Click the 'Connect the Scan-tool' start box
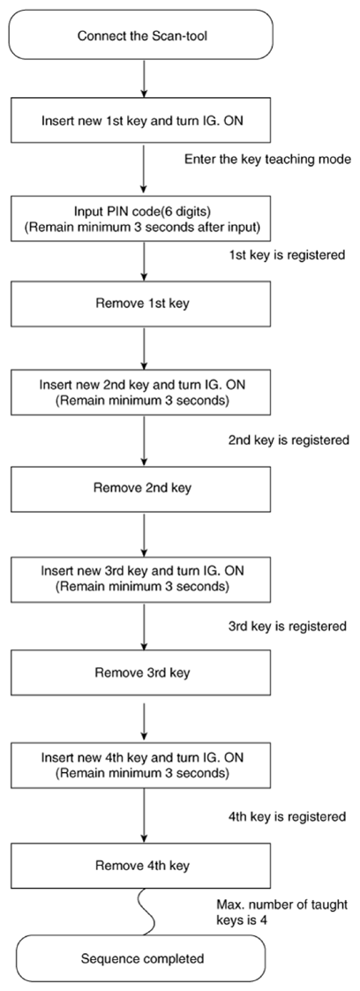pyautogui.click(x=142, y=35)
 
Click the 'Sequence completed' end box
pyautogui.click(x=142, y=958)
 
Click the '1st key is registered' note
pyautogui.click(x=286, y=256)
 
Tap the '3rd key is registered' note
pyautogui.click(x=288, y=627)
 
